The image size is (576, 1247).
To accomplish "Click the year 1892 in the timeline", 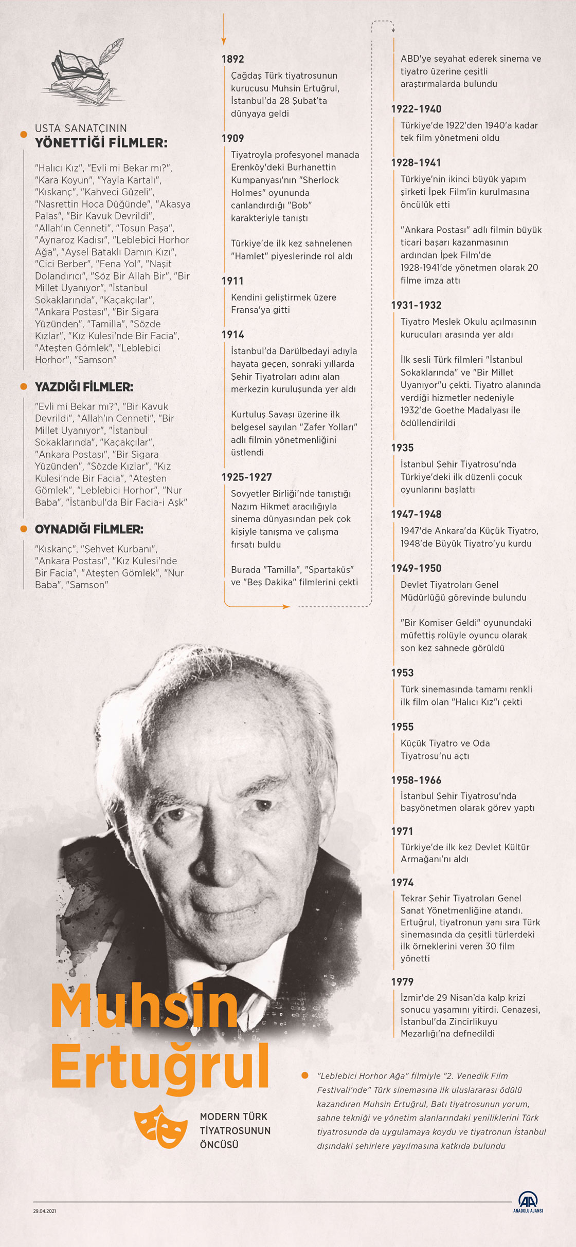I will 232,59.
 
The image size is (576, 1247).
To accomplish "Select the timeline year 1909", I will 232,138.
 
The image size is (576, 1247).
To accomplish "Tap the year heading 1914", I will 232,334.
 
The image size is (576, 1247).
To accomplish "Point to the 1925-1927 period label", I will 246,477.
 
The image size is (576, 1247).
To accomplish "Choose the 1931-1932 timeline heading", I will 416,305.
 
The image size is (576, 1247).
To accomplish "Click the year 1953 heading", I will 402,673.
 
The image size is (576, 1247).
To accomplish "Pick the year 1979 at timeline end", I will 402,981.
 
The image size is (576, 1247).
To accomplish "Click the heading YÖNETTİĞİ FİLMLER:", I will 101,143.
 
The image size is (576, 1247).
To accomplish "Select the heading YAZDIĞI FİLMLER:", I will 84,387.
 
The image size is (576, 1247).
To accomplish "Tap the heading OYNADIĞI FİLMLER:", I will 89,529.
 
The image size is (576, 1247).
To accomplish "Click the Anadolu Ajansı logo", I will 528,1201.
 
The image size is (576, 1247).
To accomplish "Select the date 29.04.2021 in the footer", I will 45,1211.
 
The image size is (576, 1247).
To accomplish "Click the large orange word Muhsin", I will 145,1006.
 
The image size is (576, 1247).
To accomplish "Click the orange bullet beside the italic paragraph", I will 305,1075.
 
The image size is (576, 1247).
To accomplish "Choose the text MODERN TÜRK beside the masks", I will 233,1116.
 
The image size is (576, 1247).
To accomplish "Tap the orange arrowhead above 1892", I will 224,41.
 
